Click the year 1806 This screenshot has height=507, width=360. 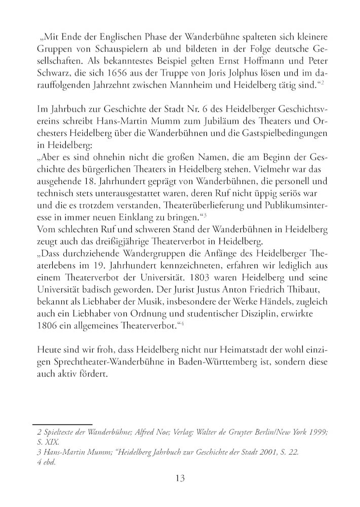click(x=48, y=327)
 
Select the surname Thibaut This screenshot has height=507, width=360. click(x=306, y=291)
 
